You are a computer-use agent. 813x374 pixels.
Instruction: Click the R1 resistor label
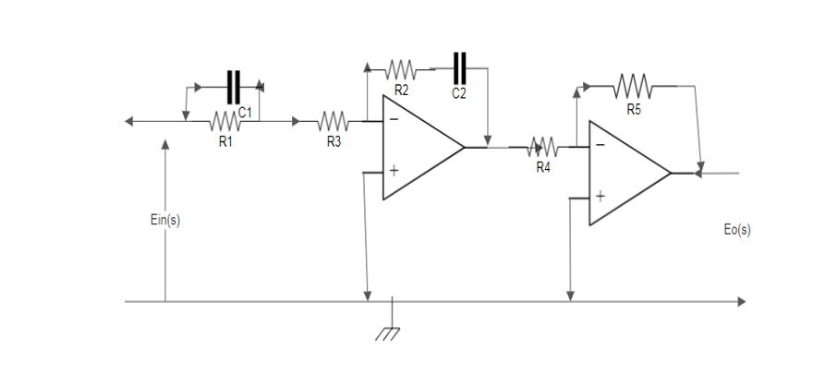(x=224, y=142)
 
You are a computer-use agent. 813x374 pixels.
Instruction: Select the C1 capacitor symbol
(x=235, y=87)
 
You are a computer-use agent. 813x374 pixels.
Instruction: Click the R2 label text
(x=402, y=90)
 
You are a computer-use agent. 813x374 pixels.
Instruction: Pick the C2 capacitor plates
(x=460, y=67)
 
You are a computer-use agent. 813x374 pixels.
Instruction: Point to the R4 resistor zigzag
(x=542, y=147)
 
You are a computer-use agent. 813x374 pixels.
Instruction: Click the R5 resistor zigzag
(x=634, y=87)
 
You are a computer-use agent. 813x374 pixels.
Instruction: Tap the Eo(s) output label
(x=737, y=230)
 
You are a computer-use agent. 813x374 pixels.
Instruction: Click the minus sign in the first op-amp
(x=394, y=120)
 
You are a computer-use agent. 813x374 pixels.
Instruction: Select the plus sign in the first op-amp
(x=394, y=171)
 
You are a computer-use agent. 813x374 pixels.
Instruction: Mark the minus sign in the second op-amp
(x=601, y=145)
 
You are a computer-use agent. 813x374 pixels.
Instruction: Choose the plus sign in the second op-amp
(x=601, y=197)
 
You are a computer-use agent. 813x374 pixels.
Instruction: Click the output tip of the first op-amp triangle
(x=463, y=146)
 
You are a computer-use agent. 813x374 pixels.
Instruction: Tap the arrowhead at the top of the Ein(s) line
(x=165, y=144)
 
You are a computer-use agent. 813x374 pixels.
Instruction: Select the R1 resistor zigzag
(x=224, y=121)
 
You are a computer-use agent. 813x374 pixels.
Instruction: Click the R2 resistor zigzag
(x=402, y=68)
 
